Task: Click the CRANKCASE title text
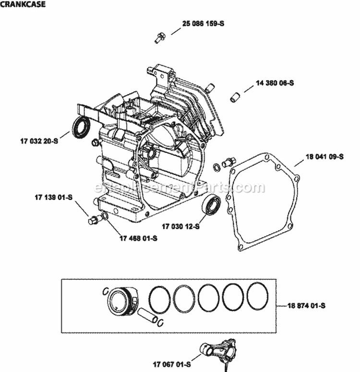click(23, 4)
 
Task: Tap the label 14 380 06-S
click(275, 83)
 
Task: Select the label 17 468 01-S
click(138, 238)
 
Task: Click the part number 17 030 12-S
click(180, 226)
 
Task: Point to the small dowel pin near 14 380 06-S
click(234, 96)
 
